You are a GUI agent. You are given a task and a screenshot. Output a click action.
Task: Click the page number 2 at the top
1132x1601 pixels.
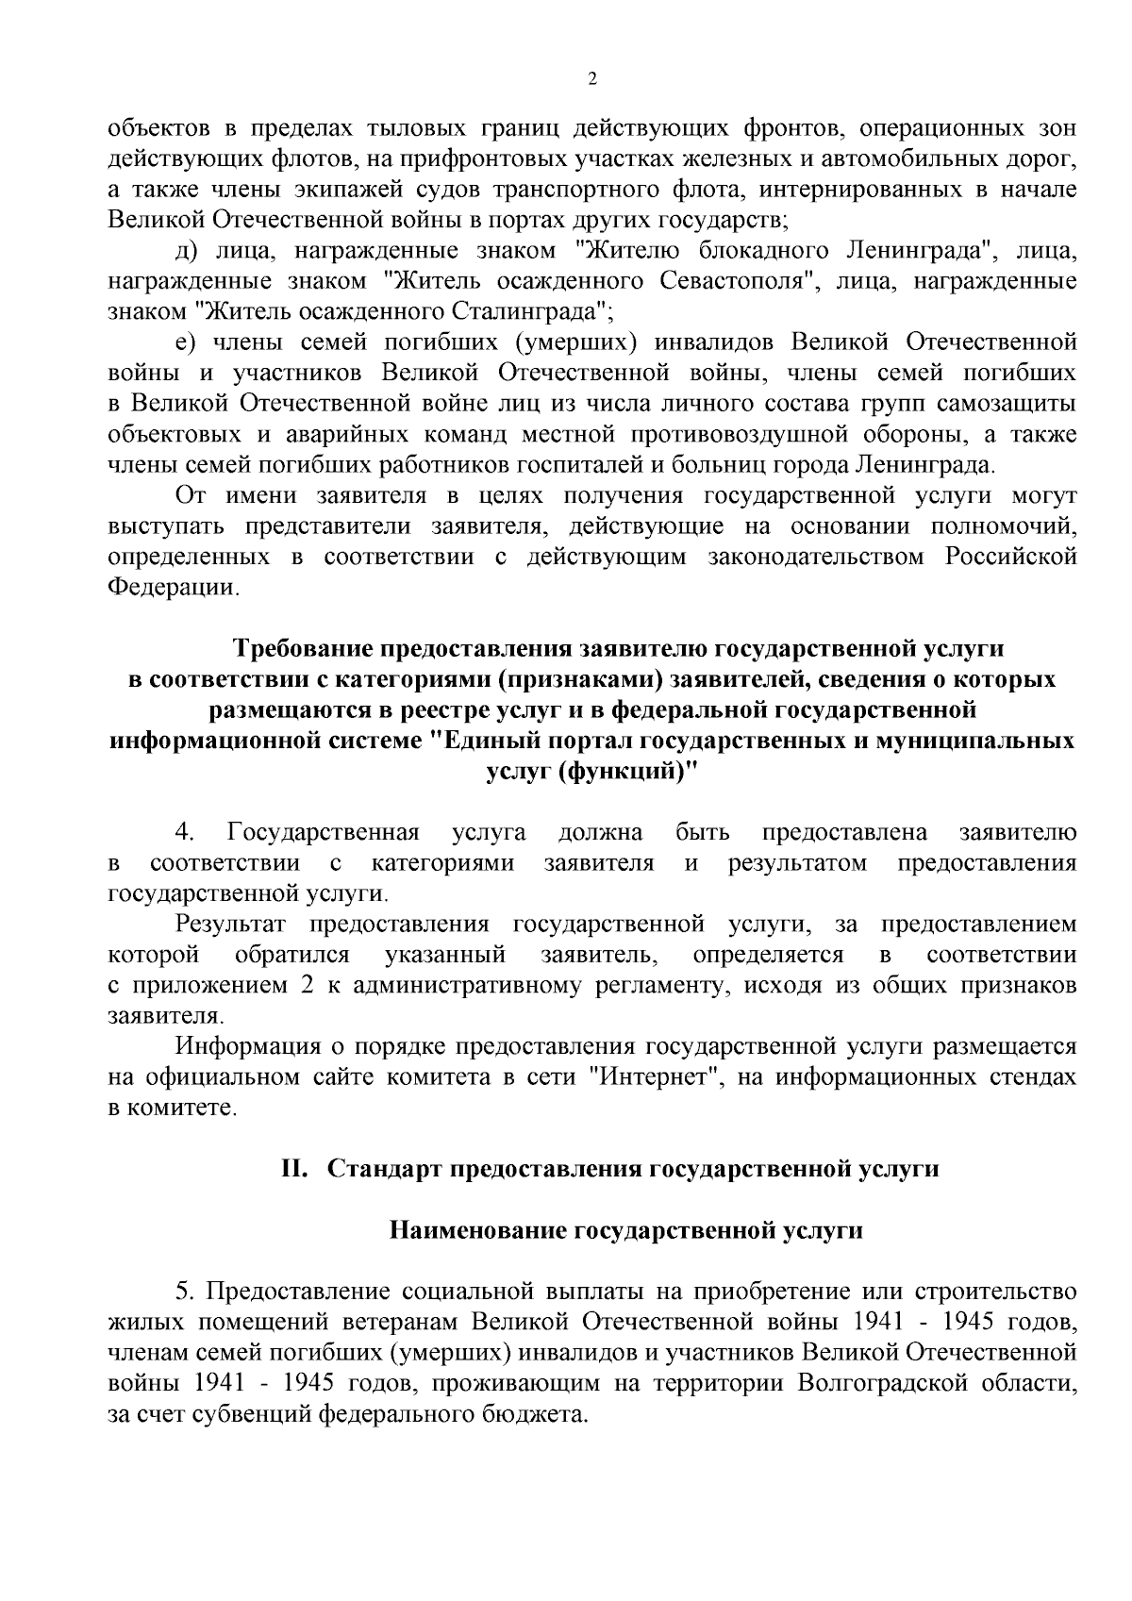[x=591, y=79]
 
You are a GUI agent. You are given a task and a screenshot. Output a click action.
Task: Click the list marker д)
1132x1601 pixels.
[x=186, y=251]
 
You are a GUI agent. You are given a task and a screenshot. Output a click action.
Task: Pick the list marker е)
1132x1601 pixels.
[x=185, y=342]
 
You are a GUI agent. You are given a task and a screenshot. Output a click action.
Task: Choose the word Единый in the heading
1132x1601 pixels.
[x=499, y=740]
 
